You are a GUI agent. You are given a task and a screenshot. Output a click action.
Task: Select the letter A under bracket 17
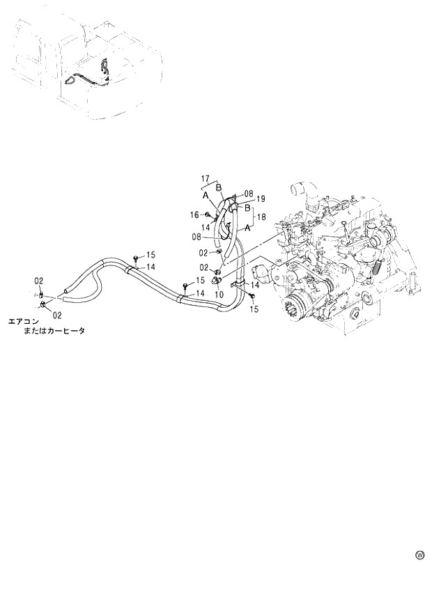pos(206,196)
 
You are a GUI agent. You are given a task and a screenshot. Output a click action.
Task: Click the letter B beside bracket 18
pos(247,207)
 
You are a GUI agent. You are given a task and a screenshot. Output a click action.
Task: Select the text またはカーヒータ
pos(54,332)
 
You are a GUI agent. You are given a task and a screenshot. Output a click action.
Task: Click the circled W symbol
pos(419,555)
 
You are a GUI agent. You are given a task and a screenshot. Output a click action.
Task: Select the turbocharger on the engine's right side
pos(380,240)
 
